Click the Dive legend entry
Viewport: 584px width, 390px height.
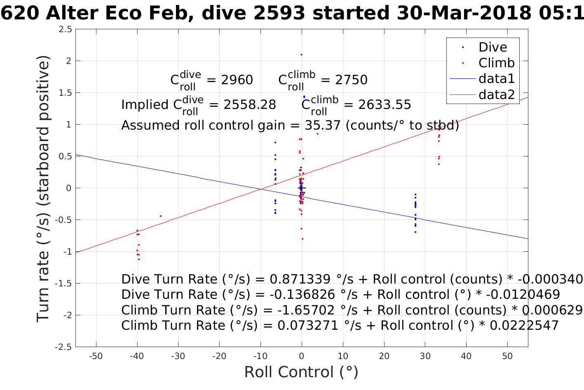(493, 47)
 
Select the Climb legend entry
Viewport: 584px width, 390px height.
(496, 63)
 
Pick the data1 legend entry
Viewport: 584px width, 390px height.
(496, 78)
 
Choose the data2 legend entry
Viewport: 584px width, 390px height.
(496, 95)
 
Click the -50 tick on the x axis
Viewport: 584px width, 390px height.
(96, 356)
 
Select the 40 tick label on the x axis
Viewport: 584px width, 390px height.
(466, 356)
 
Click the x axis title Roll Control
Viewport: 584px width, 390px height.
(301, 372)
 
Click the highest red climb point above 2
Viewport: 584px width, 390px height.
(301, 54)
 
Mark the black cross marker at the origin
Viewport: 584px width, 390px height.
(302, 188)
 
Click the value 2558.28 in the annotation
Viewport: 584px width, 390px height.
(250, 105)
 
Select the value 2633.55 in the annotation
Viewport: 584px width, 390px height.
(385, 105)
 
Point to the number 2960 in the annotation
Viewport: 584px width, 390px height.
(237, 80)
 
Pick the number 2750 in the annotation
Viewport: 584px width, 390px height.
(351, 80)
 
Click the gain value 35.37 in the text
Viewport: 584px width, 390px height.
(323, 125)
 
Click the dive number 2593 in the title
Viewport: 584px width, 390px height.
(279, 14)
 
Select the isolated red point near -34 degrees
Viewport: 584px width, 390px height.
(161, 216)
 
